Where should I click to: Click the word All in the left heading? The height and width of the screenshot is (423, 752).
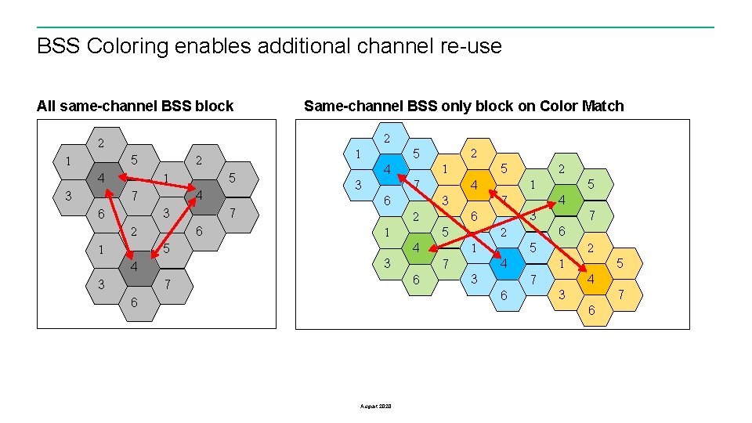[x=46, y=106]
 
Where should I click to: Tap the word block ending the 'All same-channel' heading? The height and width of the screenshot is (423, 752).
[x=215, y=106]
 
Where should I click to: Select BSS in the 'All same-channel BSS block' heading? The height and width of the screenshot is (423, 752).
[x=178, y=106]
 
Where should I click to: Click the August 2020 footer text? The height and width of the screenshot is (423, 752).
[x=376, y=406]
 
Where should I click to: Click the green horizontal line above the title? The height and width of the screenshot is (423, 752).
[x=376, y=27]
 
